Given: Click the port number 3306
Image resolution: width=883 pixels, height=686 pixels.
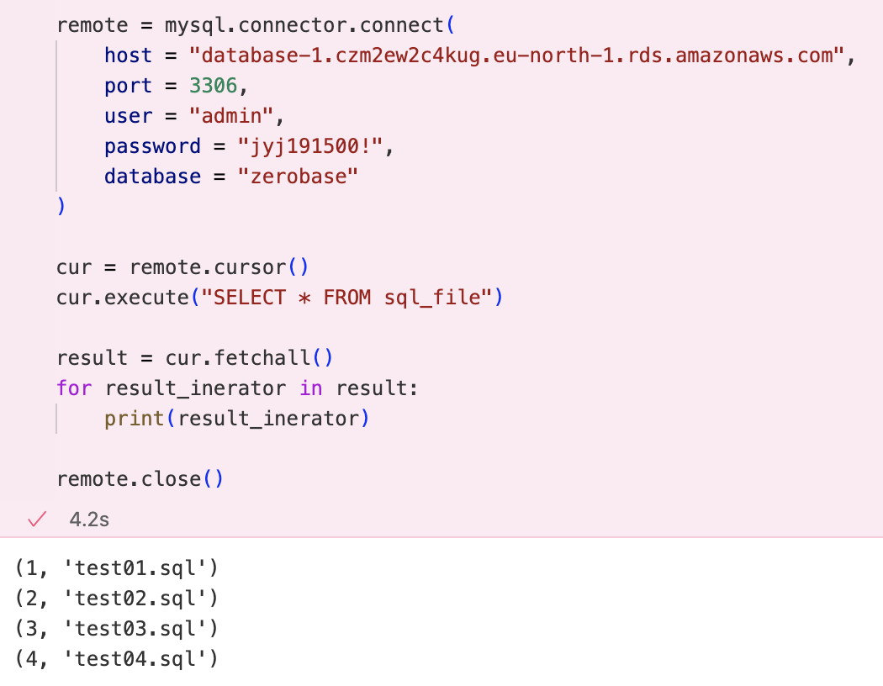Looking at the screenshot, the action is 213,86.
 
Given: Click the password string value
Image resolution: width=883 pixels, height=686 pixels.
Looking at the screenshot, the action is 310,146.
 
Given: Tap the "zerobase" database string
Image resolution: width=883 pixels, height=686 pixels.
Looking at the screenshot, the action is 298,177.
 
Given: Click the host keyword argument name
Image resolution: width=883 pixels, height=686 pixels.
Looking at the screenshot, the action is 128,55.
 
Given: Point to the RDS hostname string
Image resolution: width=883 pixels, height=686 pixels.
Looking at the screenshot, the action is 516,55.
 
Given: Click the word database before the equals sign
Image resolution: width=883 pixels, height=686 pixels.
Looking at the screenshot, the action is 152,177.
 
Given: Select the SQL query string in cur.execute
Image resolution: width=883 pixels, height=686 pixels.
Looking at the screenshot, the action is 346,297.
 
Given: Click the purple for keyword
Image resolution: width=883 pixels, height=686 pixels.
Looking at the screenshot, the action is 74,388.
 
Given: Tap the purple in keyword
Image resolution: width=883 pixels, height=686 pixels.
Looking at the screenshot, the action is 311,388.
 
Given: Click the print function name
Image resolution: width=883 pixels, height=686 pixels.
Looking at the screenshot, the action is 134,419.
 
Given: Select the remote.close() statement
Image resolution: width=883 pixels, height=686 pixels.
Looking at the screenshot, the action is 140,479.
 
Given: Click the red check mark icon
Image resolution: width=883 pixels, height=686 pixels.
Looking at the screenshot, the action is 37,519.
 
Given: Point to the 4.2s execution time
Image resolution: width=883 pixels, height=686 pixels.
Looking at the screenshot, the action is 89,520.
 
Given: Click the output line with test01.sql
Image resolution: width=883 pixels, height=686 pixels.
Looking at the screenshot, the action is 117,567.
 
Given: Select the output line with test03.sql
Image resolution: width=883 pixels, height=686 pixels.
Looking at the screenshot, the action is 117,629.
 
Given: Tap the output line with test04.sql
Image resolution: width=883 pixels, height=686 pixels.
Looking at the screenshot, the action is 117,659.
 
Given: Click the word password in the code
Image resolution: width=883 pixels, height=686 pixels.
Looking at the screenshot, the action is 152,146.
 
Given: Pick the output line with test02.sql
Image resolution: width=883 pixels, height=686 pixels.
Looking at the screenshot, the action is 117,599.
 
